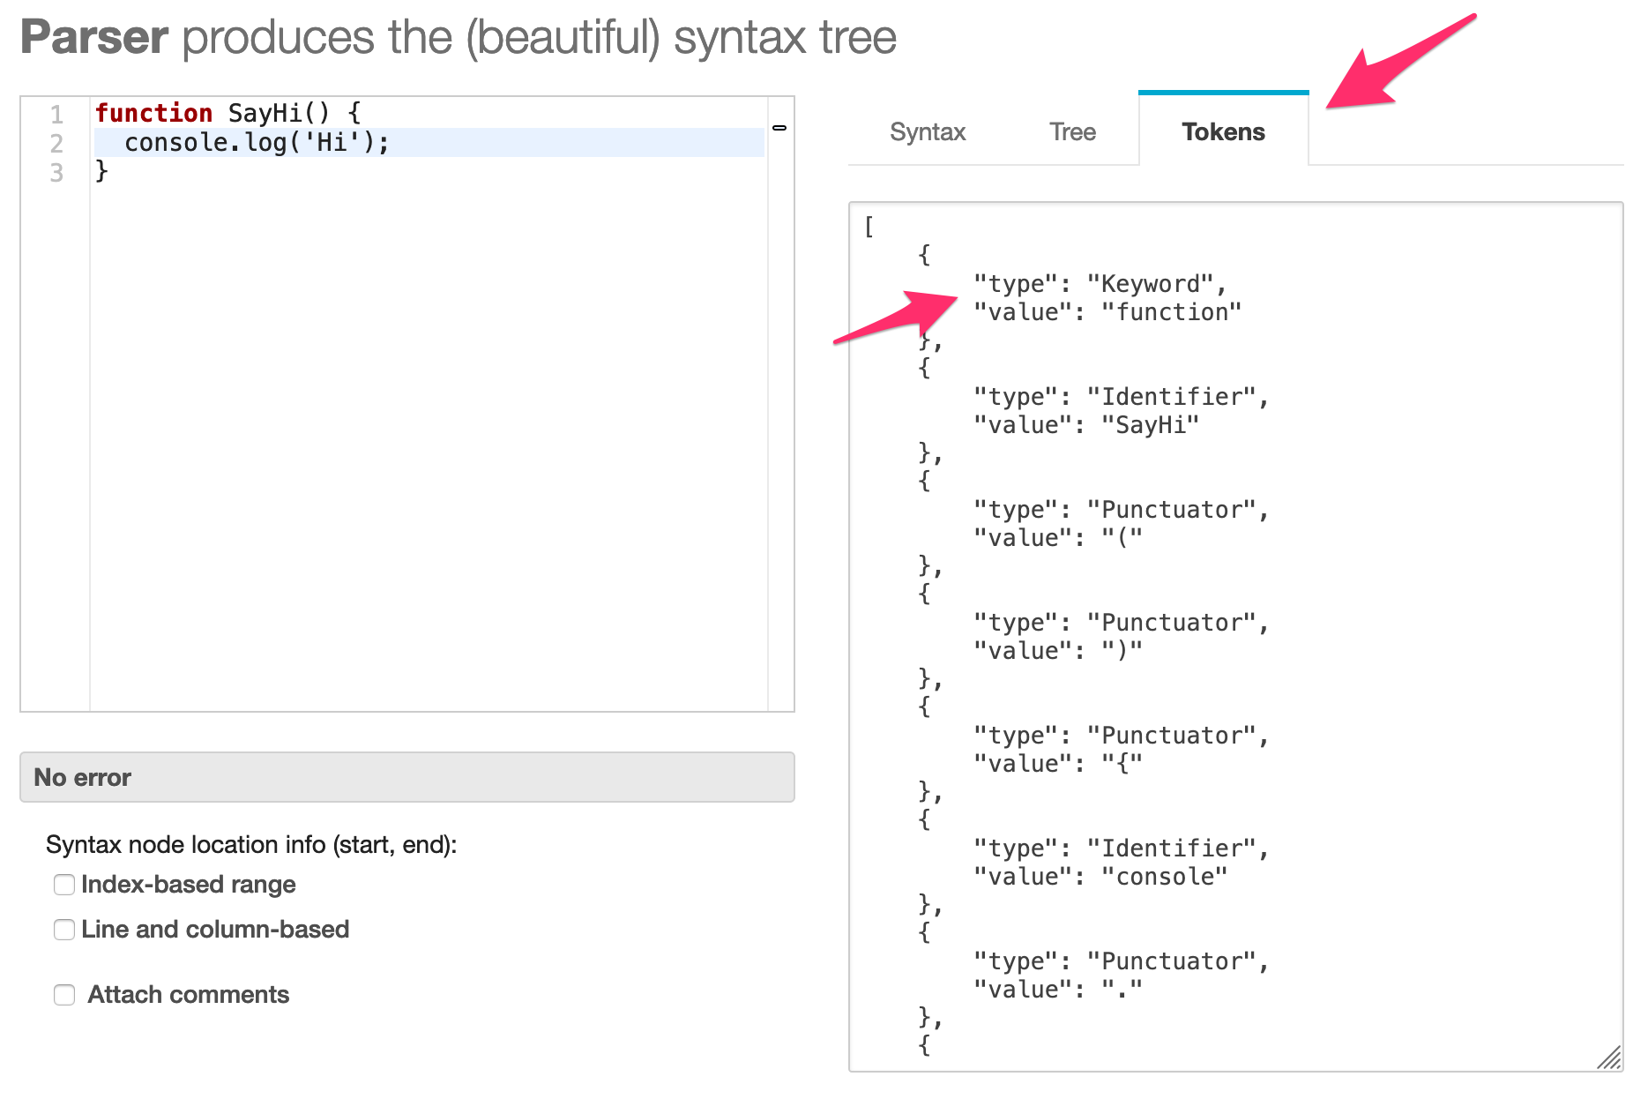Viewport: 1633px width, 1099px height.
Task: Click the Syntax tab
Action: click(928, 131)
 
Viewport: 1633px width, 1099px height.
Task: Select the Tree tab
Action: click(1072, 131)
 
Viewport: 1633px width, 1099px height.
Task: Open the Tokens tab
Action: click(1223, 131)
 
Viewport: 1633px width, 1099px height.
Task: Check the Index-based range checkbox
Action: click(64, 885)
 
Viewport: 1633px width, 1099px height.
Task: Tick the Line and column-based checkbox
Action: click(64, 930)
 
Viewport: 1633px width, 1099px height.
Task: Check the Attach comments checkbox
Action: click(64, 995)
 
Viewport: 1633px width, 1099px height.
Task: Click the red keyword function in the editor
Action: click(153, 113)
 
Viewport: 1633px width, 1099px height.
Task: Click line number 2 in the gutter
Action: click(56, 143)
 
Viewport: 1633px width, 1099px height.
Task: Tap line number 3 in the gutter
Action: click(56, 172)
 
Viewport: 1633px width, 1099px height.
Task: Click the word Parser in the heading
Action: click(94, 37)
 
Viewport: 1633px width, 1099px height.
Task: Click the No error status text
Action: click(82, 777)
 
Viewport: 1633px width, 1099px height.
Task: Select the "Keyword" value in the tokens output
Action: click(1151, 284)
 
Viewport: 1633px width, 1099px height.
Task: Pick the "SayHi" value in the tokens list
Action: click(1151, 425)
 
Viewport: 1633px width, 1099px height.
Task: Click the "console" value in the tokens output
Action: click(1165, 877)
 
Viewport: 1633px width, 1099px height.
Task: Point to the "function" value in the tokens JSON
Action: click(1172, 312)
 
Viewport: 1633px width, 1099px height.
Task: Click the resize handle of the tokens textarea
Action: click(1610, 1058)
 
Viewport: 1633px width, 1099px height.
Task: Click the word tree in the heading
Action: click(858, 37)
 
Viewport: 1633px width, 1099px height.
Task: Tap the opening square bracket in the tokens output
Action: click(869, 227)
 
